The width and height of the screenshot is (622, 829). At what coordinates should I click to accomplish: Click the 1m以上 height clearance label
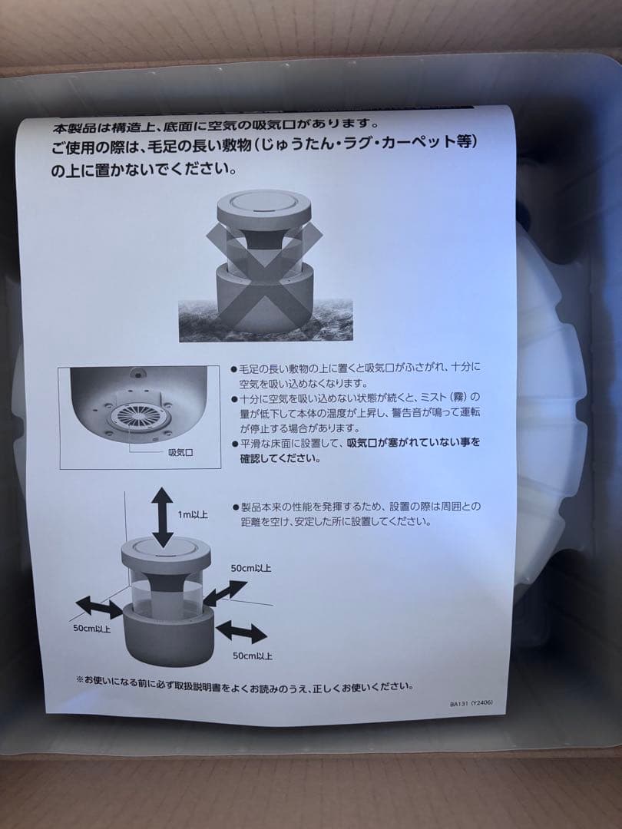pos(193,514)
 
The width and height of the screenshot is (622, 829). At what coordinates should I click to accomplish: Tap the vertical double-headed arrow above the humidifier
pos(162,517)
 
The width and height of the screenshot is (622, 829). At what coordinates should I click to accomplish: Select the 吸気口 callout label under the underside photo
pos(180,453)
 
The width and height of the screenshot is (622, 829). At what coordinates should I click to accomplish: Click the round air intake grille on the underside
pos(140,415)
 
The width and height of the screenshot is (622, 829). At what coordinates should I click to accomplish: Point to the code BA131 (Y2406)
pos(471,703)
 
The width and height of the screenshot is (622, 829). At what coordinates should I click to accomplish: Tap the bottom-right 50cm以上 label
pos(253,656)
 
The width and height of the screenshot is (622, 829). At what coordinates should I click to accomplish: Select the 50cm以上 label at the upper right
pos(250,568)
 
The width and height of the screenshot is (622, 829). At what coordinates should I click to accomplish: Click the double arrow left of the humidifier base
pos(99,607)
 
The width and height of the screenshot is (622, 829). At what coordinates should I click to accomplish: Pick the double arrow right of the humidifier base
pos(241,632)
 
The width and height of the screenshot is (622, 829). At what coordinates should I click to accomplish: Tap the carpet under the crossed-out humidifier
pos(266,320)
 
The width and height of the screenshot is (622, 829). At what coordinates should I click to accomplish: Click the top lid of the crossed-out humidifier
pos(264,210)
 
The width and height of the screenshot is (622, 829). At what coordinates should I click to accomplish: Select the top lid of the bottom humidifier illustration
pos(166,555)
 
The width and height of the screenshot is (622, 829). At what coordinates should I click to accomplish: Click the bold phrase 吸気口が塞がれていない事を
pos(413,443)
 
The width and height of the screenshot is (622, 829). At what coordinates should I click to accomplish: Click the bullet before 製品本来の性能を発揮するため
pos(236,507)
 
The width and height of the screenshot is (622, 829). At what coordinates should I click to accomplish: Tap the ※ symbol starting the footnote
pos(80,679)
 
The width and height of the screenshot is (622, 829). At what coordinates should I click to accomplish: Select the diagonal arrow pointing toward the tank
pos(225,593)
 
